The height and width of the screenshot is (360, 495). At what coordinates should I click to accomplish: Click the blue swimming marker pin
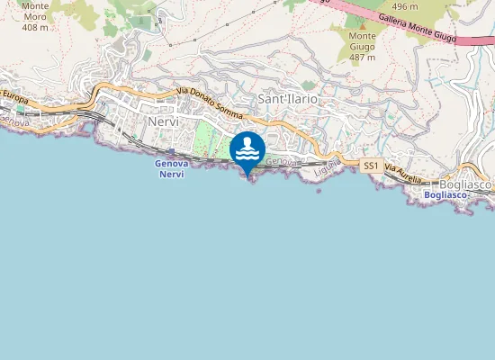point(247,150)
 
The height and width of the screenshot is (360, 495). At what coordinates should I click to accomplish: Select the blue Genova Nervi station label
point(170,168)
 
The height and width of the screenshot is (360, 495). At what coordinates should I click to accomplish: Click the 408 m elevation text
point(35,27)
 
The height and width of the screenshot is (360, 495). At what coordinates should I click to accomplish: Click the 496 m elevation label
point(404,5)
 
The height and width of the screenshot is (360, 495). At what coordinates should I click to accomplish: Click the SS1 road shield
point(371,166)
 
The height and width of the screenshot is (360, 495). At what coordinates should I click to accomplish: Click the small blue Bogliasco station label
point(445,195)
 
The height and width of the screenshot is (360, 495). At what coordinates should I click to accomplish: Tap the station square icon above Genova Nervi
point(171,151)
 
